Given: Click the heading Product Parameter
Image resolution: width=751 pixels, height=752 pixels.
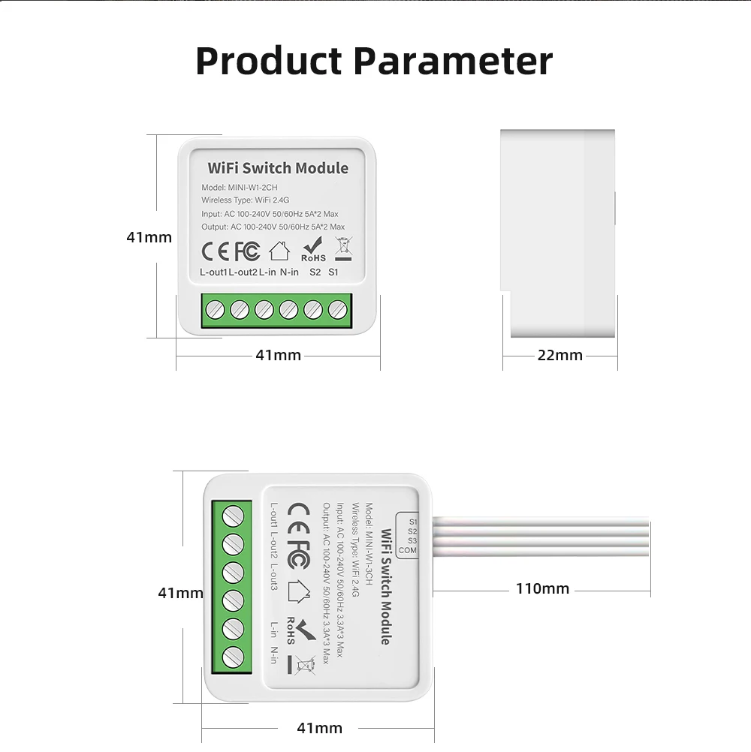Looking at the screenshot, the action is pos(374,62).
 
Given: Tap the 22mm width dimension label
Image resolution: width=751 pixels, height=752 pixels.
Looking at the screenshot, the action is pos(560,356).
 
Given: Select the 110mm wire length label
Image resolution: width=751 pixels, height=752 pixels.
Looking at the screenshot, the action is pos(542,588).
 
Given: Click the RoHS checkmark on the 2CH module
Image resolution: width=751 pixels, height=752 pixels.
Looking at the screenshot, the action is pos(313,249).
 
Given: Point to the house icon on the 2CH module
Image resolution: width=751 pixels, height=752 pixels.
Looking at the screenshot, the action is pos(279,251).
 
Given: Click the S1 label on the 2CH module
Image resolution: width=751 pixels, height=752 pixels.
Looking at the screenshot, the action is pos(333,272).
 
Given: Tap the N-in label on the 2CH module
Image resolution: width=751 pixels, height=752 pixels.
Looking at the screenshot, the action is pos(289,272).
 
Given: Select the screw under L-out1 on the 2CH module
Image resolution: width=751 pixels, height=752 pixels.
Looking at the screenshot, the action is pos(215,310).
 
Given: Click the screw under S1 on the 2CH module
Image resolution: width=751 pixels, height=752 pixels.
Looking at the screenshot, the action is pos(337,310).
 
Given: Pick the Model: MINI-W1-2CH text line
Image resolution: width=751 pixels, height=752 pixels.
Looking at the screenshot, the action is pos(240,188).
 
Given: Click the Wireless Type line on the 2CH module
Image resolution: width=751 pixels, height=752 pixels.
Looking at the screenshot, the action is pos(246,200).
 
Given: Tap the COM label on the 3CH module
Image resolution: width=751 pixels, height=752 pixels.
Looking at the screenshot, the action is pos(407,550).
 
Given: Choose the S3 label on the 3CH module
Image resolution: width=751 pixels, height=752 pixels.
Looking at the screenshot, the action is pos(412,541).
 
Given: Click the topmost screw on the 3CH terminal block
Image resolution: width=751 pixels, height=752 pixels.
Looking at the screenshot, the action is pos(234,516).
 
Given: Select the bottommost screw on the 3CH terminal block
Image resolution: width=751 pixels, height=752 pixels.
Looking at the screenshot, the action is pos(234,657).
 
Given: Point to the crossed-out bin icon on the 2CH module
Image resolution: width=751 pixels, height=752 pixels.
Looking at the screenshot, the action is pos(344,249).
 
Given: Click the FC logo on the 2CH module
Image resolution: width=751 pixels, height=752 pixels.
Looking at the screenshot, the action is pos(247,251).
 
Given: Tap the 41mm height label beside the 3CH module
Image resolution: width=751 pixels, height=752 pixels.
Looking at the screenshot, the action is pos(180,593).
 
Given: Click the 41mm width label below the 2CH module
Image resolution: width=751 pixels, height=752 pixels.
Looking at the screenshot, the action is pos(279,356).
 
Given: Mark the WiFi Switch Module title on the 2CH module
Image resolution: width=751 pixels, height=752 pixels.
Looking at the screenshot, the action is pos(278,168).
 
